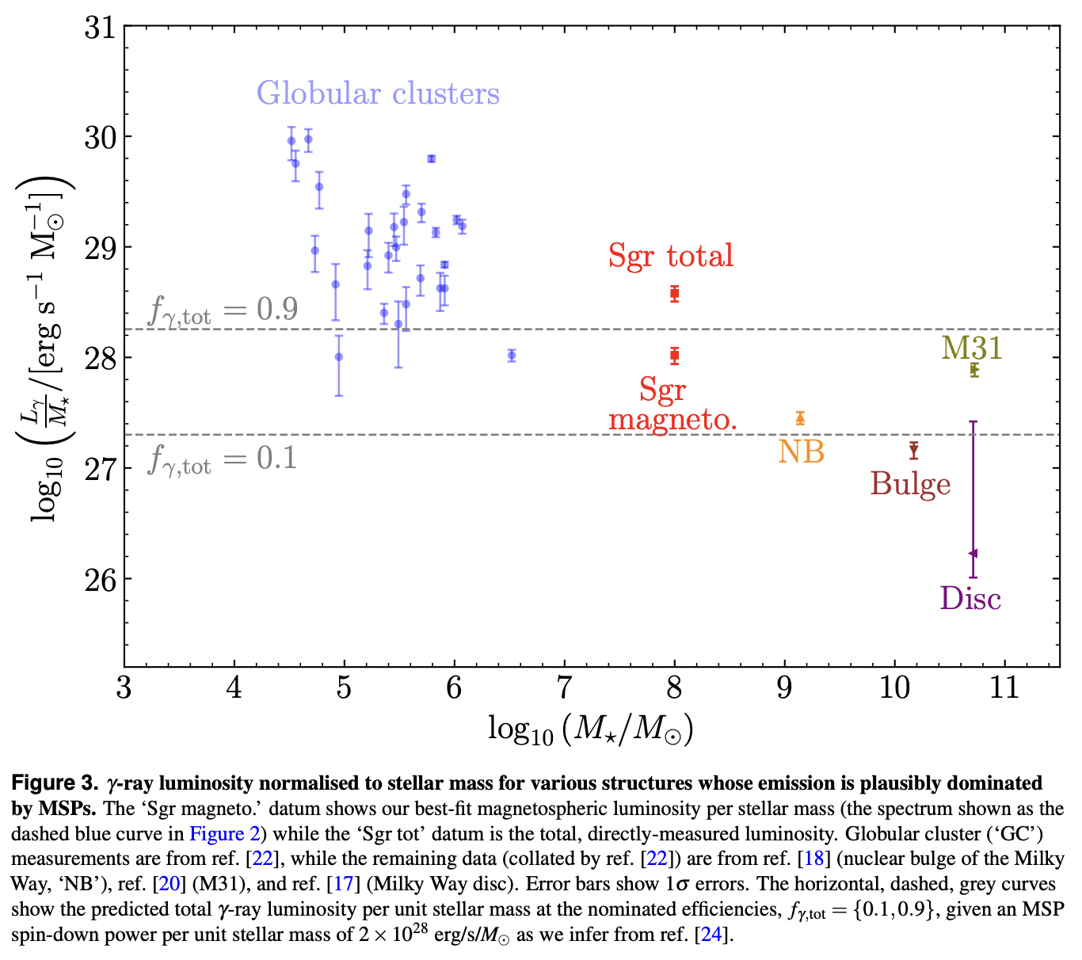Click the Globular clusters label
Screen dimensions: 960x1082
pos(378,93)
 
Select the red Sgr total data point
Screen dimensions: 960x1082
pos(674,293)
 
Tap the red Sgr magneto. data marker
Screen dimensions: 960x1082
pos(674,356)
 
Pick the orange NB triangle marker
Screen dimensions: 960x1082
pos(800,418)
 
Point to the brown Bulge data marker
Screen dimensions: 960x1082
pos(913,450)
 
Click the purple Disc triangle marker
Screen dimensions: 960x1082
pos(973,553)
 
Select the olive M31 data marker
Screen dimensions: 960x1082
pos(973,370)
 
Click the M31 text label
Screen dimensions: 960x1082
pos(972,348)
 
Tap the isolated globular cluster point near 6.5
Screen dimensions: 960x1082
pos(512,356)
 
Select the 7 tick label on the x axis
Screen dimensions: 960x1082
pos(564,688)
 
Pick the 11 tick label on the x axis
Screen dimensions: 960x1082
pos(1004,688)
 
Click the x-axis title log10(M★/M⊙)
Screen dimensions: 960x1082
pos(590,730)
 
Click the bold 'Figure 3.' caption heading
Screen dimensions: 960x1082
pos(54,783)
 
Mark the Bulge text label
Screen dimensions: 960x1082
pos(910,484)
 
